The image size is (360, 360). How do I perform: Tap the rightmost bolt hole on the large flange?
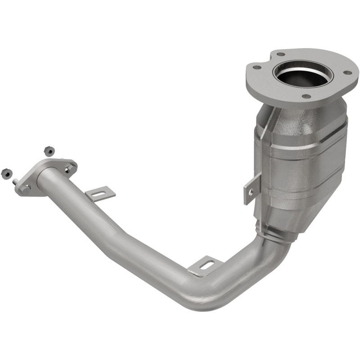click(347, 72)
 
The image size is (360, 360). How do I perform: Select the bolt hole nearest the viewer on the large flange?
click(306, 96)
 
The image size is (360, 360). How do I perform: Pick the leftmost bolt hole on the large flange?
click(256, 68)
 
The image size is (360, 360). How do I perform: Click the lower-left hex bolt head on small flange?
click(25, 189)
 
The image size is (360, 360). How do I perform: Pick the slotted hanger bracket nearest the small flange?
click(100, 193)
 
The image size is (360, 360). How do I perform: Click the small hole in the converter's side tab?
click(250, 192)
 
